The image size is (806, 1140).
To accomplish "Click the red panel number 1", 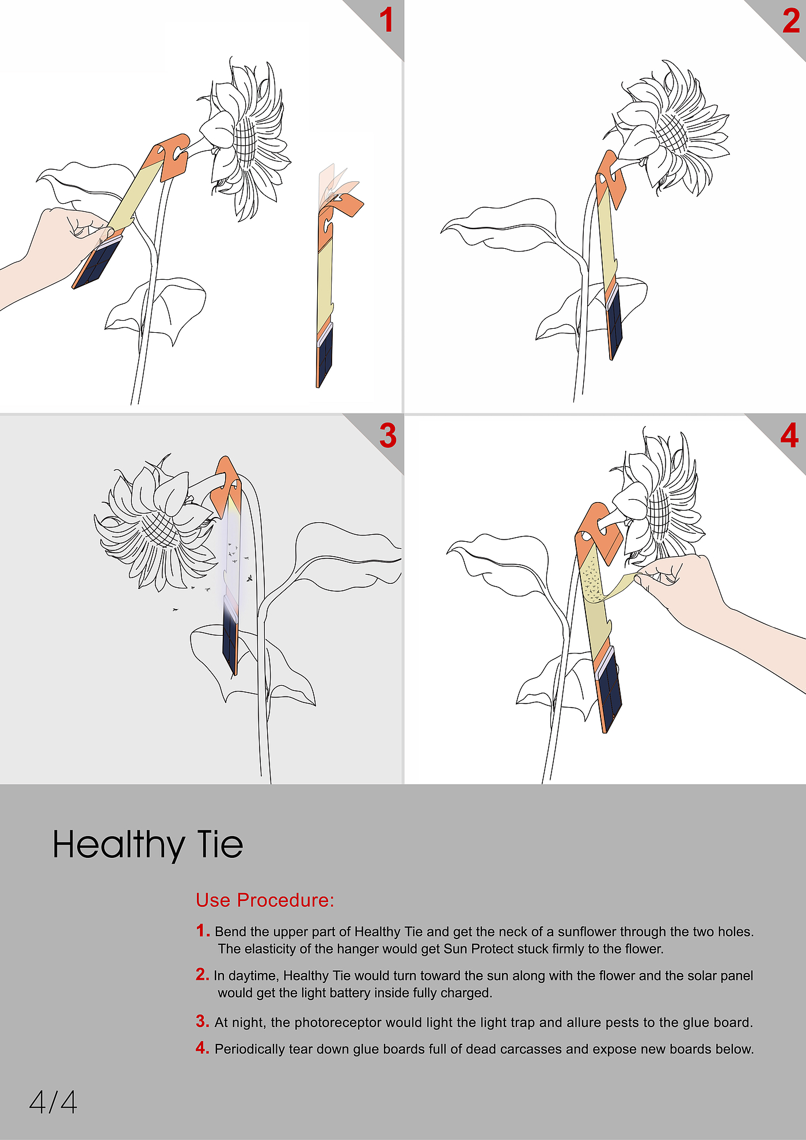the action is (x=386, y=21).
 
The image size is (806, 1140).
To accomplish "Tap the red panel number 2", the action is (x=792, y=21).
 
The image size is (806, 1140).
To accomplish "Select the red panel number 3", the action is (x=388, y=435).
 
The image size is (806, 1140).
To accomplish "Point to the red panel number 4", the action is (x=789, y=435).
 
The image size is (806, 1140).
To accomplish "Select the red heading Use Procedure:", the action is (x=265, y=900).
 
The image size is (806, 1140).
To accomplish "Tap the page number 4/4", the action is (x=53, y=1102).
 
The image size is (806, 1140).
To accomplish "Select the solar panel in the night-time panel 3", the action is (x=230, y=642).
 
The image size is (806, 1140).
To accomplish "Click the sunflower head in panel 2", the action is (x=668, y=130).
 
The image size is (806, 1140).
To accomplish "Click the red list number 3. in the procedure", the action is (x=202, y=1021).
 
